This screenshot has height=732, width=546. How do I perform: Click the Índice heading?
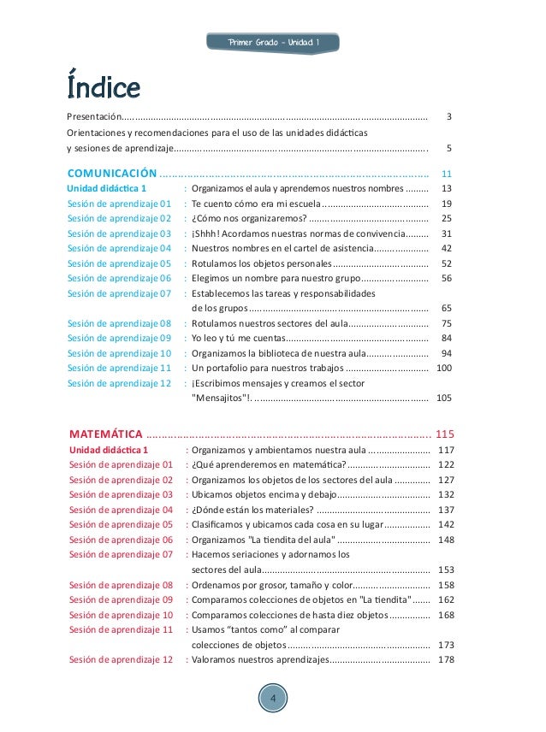pos(104,86)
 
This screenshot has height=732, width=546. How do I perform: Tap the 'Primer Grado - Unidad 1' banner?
pos(274,43)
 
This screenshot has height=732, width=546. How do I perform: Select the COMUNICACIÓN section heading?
pos(111,171)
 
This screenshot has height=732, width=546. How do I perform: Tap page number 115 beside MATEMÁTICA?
pos(445,432)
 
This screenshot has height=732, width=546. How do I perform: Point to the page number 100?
pos(444,368)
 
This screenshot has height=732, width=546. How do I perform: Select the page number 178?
pos(445,659)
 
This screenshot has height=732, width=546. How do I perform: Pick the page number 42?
pos(446,248)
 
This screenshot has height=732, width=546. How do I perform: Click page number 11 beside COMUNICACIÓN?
pos(446,172)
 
